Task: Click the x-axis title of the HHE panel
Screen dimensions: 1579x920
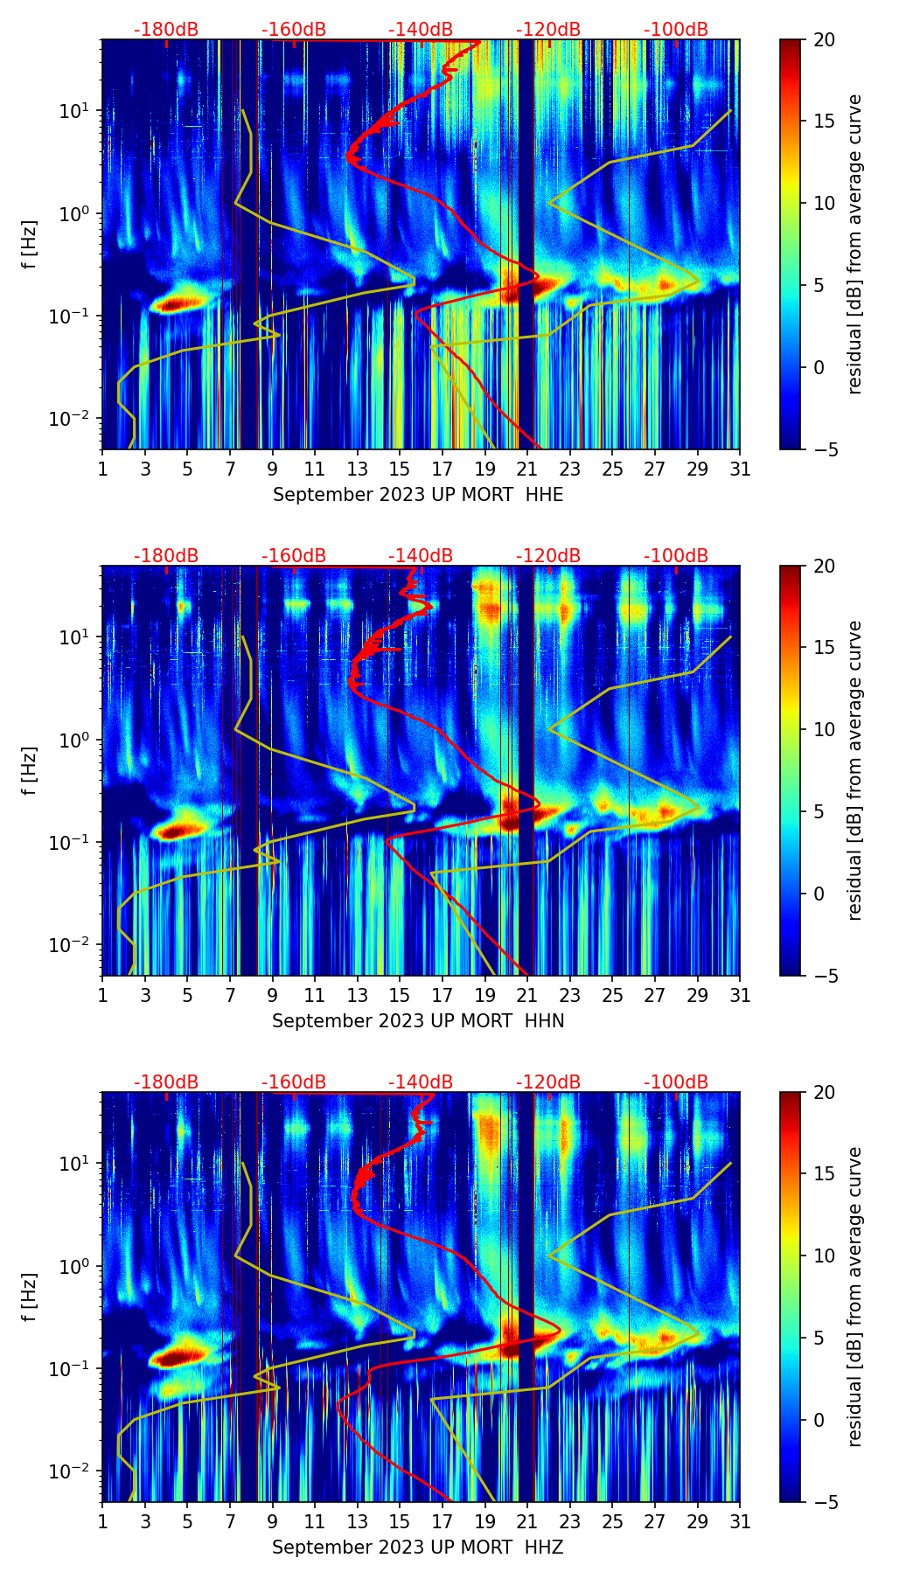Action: (x=418, y=495)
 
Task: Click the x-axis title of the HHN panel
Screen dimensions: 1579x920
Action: (x=418, y=1021)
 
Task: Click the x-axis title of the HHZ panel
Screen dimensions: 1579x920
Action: (x=418, y=1548)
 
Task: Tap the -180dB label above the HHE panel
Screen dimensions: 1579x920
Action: (x=166, y=30)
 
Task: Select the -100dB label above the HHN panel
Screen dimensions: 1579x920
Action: (x=676, y=556)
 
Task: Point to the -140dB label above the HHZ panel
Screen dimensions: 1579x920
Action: (x=421, y=1082)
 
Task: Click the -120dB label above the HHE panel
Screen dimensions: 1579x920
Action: (x=548, y=30)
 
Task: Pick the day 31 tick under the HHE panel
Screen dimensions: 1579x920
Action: (x=740, y=469)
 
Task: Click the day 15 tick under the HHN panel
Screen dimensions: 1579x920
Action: (x=400, y=995)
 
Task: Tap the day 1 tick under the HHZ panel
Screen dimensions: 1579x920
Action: (x=103, y=1521)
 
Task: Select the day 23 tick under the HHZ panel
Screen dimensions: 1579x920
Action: (x=570, y=1521)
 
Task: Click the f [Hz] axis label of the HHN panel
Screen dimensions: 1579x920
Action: (x=29, y=770)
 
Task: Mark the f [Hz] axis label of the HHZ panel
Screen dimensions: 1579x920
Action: (x=29, y=1297)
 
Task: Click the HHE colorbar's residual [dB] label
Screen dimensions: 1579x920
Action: (x=854, y=244)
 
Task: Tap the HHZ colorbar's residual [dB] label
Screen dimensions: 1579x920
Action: (x=854, y=1297)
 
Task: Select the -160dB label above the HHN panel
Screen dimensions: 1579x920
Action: (x=294, y=556)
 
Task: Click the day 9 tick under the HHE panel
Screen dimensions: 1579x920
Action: (x=272, y=469)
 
